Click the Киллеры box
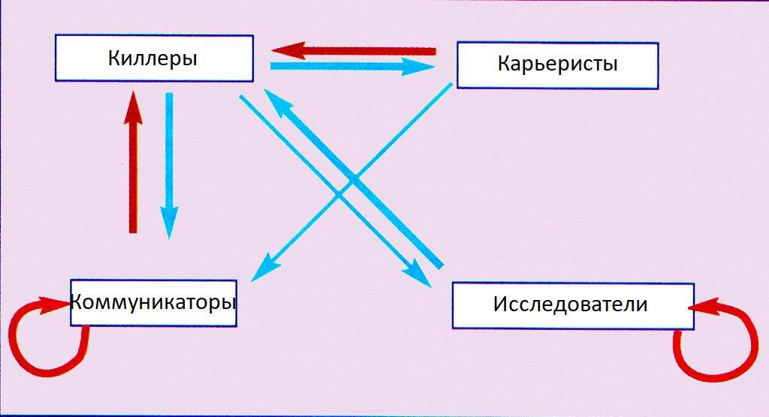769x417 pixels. [x=154, y=58]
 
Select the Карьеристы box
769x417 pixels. [x=557, y=64]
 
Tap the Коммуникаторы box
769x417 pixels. [x=153, y=302]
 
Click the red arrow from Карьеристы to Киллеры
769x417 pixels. [x=360, y=51]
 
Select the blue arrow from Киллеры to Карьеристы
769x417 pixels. [x=345, y=67]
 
